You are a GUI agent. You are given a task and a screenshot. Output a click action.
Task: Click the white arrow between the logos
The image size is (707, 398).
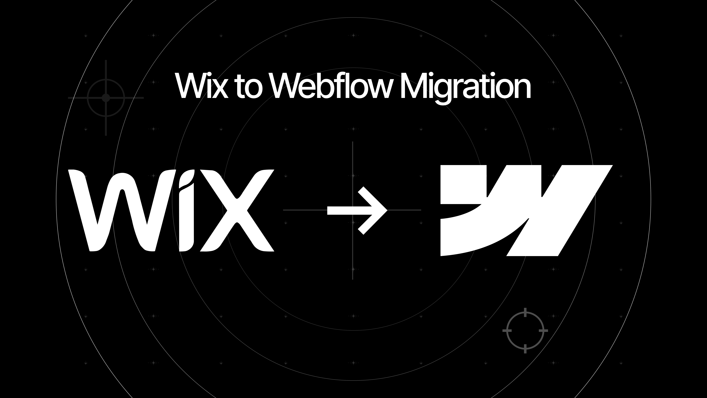pyautogui.click(x=357, y=210)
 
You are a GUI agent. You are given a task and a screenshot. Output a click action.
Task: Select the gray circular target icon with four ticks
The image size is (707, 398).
pyautogui.click(x=525, y=330)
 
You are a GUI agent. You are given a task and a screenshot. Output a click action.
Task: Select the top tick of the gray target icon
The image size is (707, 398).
pyautogui.click(x=525, y=312)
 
